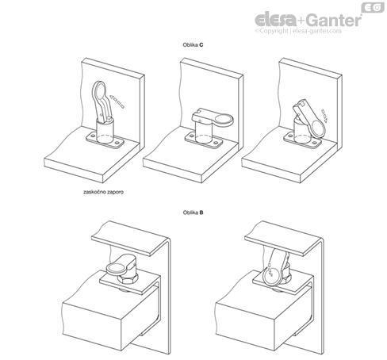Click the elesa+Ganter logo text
(308, 20)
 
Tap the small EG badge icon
(373, 7)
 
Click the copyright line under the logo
(298, 31)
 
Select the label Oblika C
(193, 45)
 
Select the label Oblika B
(193, 213)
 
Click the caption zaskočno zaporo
(103, 192)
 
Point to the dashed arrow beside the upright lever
(117, 101)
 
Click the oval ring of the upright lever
(99, 90)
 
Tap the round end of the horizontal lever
(224, 120)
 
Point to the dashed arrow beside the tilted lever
(324, 116)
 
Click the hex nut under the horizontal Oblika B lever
(128, 279)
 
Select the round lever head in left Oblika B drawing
(117, 269)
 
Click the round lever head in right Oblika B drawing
(272, 276)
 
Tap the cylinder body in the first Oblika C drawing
(105, 130)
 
